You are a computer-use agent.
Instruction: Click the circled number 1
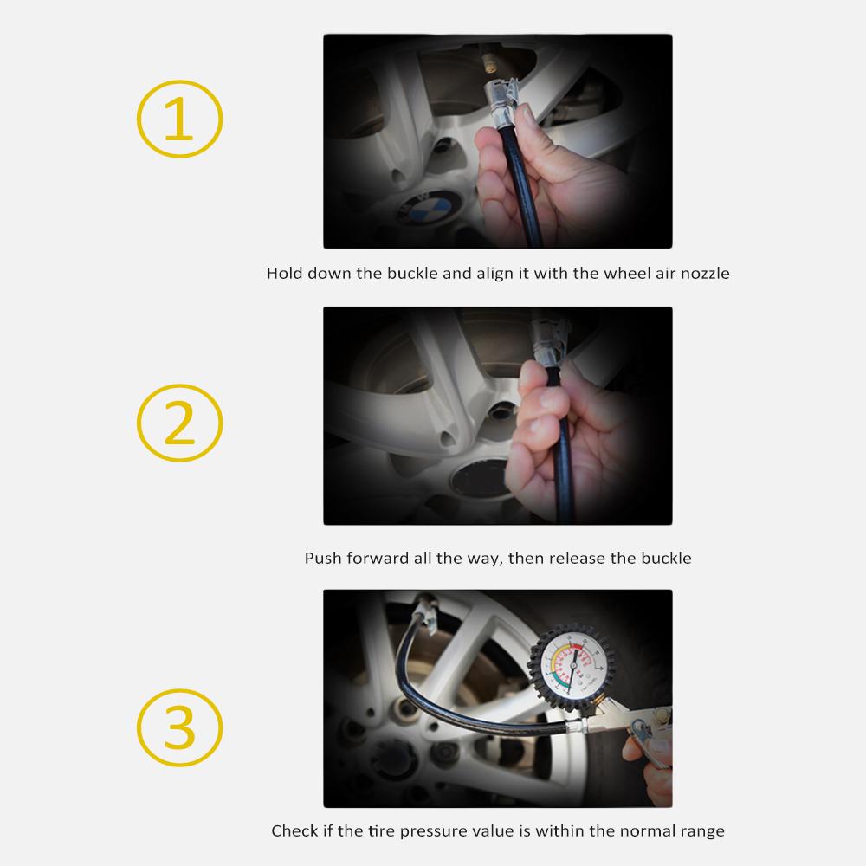(x=179, y=120)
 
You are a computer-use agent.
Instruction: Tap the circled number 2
(x=179, y=423)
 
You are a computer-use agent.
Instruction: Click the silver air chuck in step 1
(x=503, y=96)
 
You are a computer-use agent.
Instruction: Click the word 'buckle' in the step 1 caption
(x=411, y=274)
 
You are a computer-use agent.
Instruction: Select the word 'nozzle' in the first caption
(x=702, y=274)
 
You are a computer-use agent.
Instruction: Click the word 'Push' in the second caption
(x=323, y=559)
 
